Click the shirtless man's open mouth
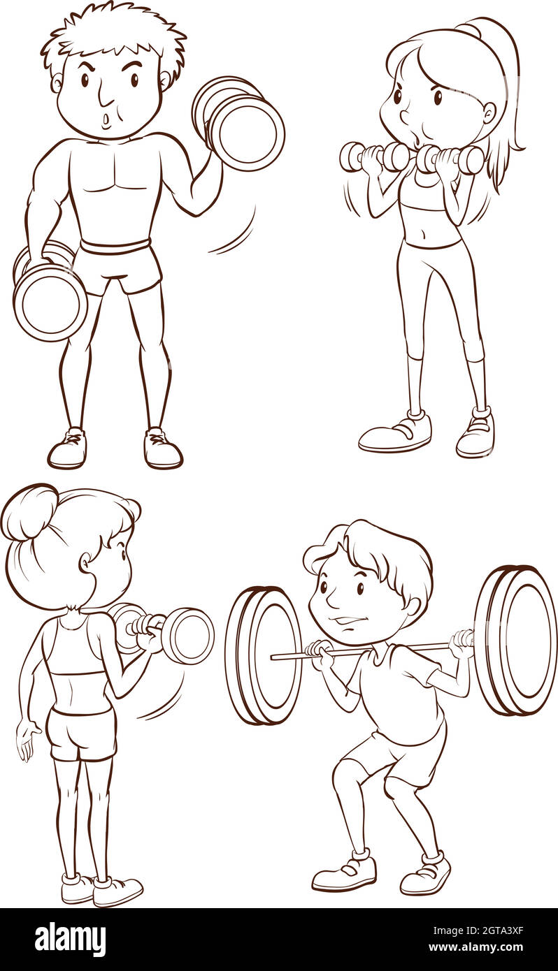pyautogui.click(x=106, y=120)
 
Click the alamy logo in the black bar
pyautogui.click(x=70, y=940)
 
